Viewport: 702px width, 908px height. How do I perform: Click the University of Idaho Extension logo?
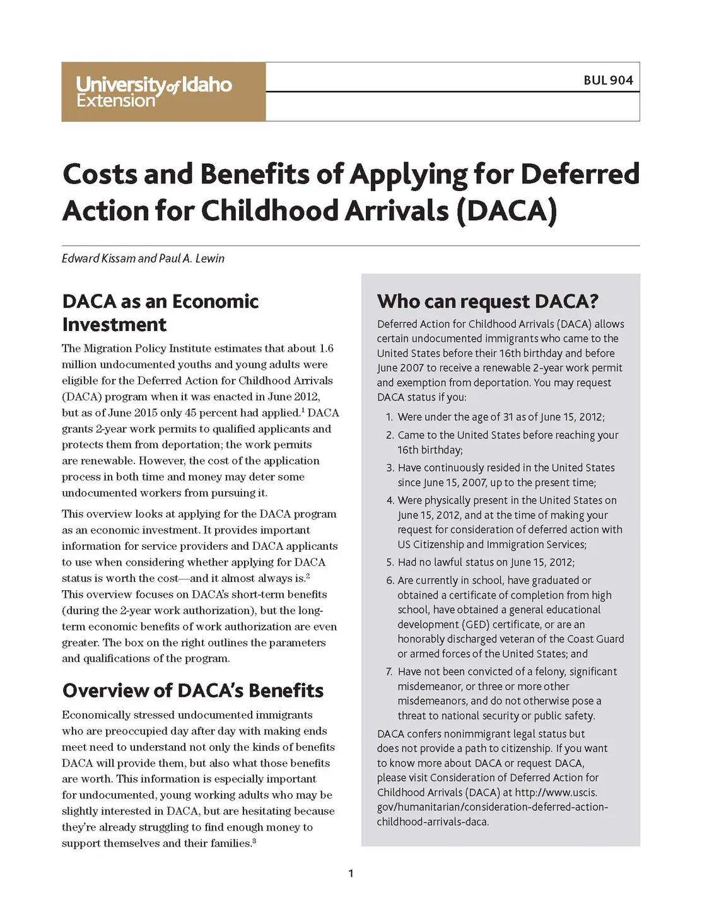155,92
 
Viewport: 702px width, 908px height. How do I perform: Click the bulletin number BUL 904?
608,80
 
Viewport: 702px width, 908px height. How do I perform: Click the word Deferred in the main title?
580,174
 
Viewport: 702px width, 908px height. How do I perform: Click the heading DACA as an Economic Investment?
160,313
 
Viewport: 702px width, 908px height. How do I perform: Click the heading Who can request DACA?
487,301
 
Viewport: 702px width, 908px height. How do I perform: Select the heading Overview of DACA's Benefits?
192,690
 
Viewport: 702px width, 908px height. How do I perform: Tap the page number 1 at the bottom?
351,873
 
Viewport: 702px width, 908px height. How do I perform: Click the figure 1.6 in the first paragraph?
326,349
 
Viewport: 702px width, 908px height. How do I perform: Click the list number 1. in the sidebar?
389,417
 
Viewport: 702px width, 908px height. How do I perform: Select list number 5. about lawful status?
390,562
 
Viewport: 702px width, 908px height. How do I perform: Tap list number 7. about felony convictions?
390,672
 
